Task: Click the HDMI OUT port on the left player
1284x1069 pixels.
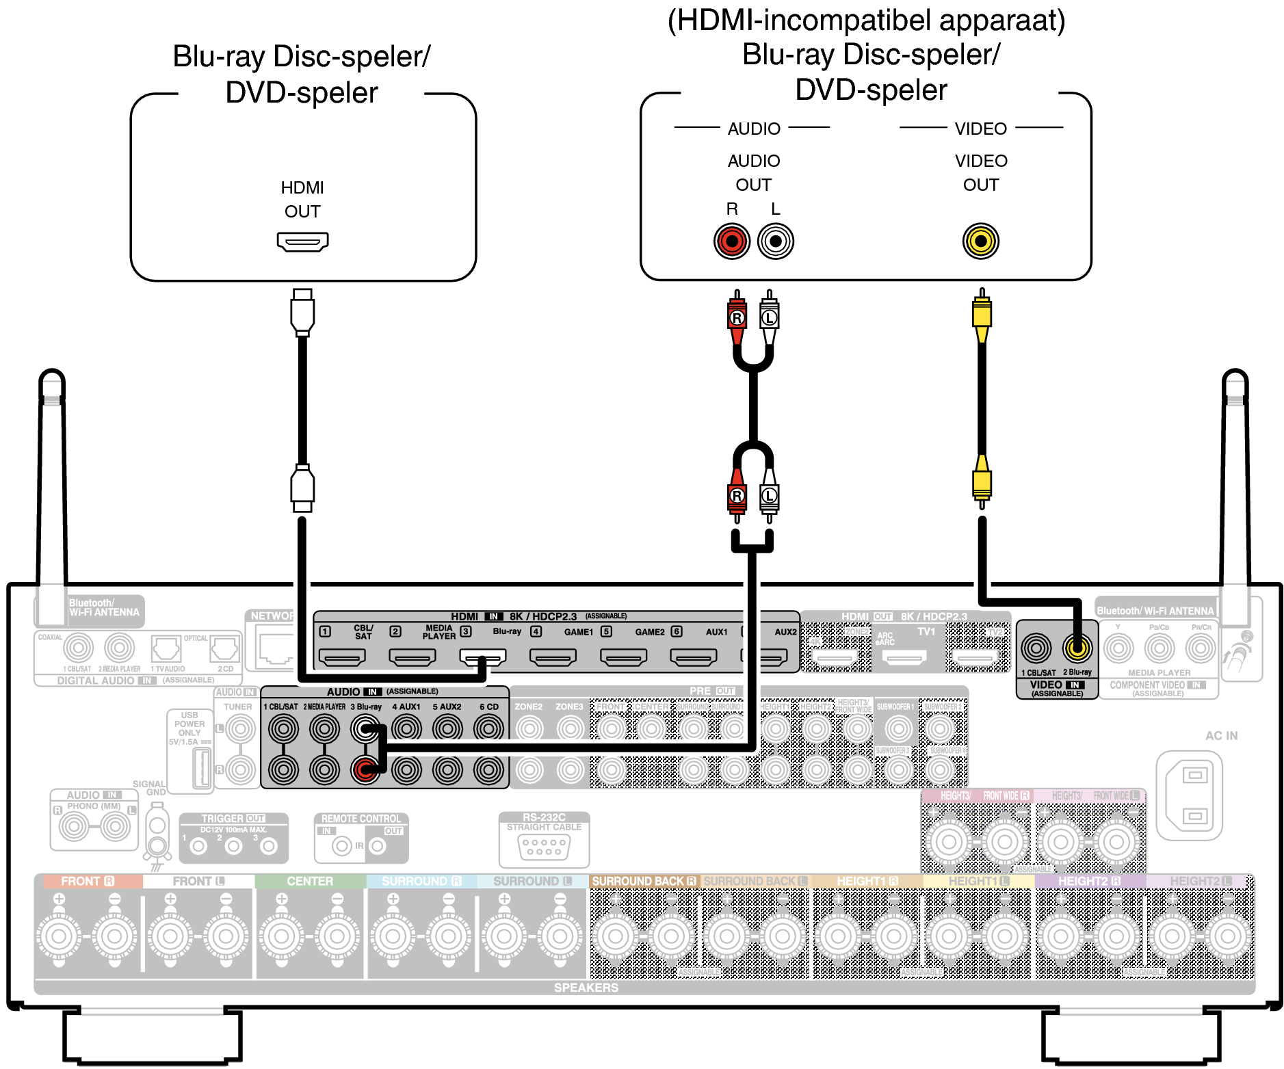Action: click(302, 241)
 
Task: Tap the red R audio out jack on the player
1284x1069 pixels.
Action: click(732, 241)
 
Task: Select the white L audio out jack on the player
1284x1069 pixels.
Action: click(775, 241)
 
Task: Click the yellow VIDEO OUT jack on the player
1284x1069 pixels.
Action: click(981, 241)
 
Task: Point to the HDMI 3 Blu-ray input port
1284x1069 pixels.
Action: click(483, 657)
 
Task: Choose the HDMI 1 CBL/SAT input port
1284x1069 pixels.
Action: click(342, 657)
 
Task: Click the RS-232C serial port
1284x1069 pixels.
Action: click(544, 848)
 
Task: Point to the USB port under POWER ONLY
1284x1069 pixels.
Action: click(202, 767)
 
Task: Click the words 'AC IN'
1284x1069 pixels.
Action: click(1221, 736)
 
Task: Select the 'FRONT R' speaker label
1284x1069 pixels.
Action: click(87, 882)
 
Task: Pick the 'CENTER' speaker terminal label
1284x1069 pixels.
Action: click(310, 882)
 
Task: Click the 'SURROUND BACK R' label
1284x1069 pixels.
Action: click(643, 882)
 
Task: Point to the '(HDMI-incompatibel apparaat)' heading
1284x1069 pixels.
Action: click(866, 21)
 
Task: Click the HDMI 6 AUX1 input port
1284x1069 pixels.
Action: click(693, 657)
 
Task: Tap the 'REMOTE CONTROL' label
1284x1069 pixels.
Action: click(361, 819)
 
